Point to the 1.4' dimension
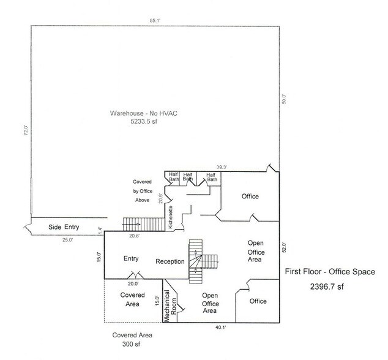(99, 231)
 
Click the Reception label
(170, 262)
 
